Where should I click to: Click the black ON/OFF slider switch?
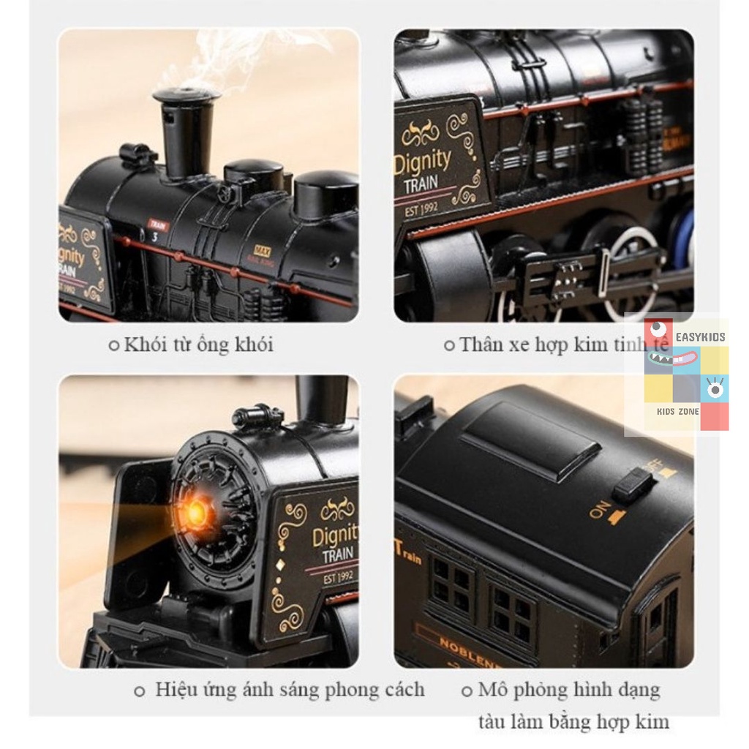click(632, 485)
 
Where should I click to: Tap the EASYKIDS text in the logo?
click(701, 337)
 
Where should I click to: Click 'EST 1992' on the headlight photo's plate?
click(338, 577)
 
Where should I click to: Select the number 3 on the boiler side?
click(155, 236)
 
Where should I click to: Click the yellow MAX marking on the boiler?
click(262, 251)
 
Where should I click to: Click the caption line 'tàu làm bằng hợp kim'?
click(573, 722)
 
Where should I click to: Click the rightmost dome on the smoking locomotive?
click(325, 192)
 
